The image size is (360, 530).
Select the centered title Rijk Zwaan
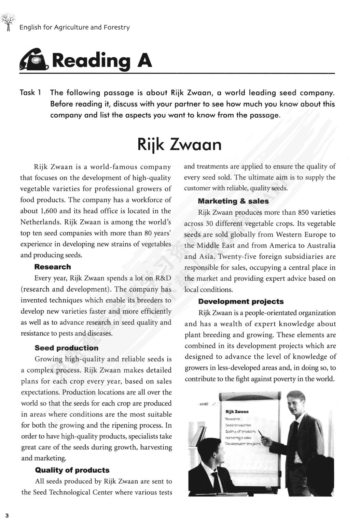tap(179, 144)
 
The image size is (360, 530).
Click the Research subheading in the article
tap(53, 267)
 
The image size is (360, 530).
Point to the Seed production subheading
tap(66, 348)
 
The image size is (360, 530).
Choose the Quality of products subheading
tap(72, 470)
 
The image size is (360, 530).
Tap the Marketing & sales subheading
tap(233, 201)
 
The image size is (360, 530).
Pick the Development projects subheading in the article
tap(241, 302)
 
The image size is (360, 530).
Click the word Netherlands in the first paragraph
tap(41, 222)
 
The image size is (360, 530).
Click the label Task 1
tap(31, 93)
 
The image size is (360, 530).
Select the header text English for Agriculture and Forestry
tap(74, 28)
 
